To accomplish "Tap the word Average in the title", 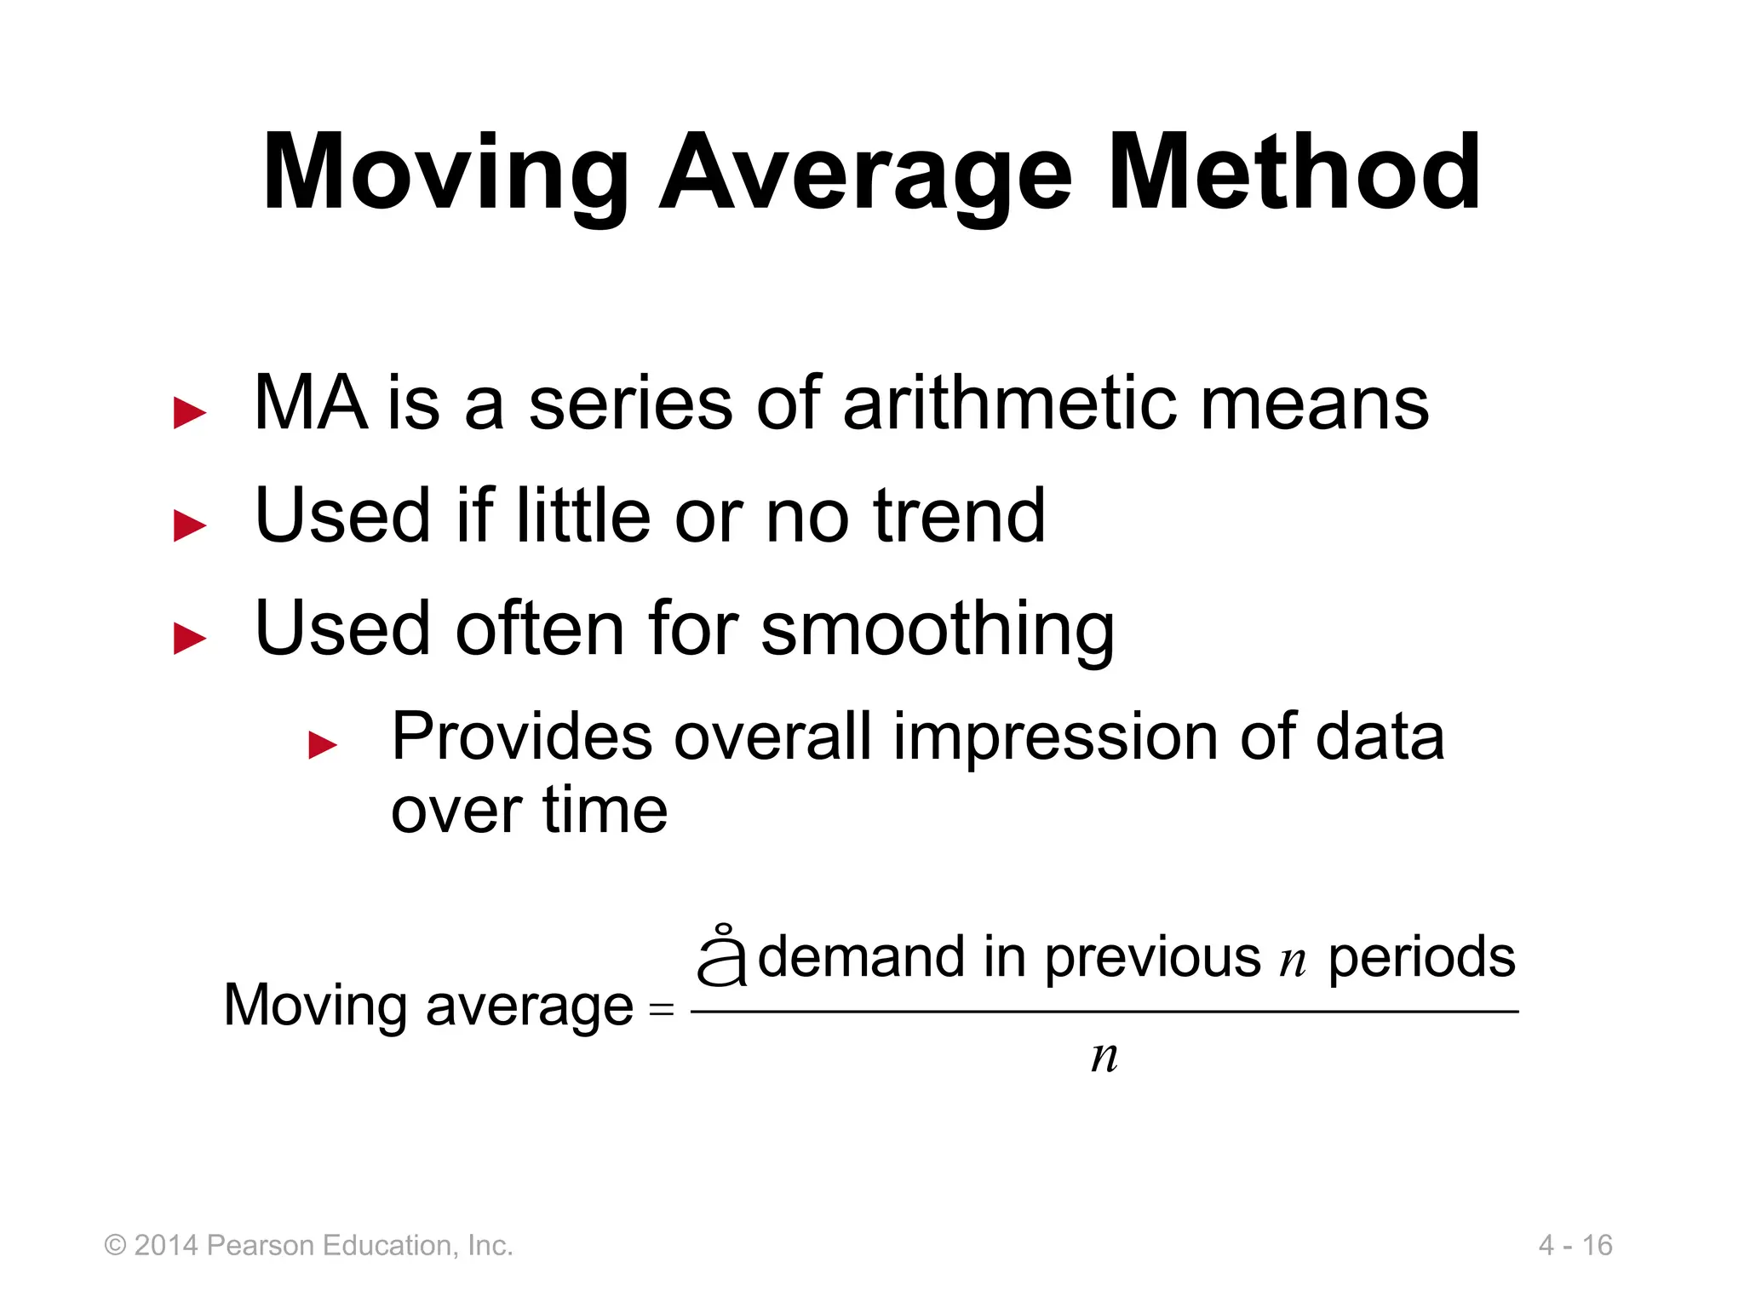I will click(x=865, y=175).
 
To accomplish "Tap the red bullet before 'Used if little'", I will click(x=189, y=525).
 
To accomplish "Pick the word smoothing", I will click(x=937, y=630).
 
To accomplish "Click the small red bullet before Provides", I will click(x=323, y=744).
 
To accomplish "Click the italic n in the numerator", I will click(x=1292, y=961).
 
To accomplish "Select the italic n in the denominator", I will click(x=1104, y=1057).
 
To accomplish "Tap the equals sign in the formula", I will click(x=661, y=1010).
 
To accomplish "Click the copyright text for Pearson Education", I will click(x=308, y=1245).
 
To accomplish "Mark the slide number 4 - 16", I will click(x=1575, y=1245).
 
